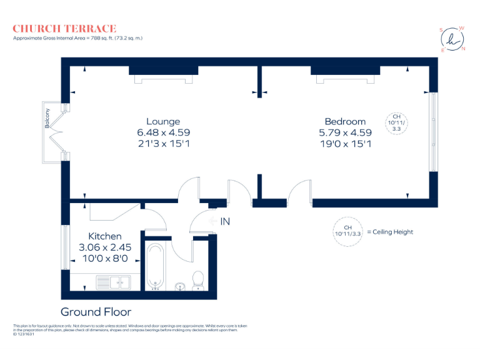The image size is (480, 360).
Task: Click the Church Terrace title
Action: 64,28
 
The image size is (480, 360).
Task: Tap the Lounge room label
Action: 163,121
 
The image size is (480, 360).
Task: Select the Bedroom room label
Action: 345,121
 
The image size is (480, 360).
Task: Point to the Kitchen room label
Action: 104,236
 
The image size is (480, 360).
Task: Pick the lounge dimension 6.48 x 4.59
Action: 163,132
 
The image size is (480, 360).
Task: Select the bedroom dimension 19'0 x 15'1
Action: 345,144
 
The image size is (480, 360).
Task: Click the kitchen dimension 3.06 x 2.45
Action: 104,247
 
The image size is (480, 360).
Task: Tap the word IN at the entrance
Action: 225,221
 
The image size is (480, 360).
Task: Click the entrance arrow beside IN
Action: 212,221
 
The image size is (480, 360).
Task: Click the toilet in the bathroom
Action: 198,281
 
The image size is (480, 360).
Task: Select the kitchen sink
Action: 112,282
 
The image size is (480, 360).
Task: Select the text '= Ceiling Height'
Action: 390,232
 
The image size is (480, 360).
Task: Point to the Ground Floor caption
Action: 96,312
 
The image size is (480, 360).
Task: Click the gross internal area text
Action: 78,39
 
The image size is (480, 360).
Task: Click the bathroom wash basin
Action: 181,287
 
